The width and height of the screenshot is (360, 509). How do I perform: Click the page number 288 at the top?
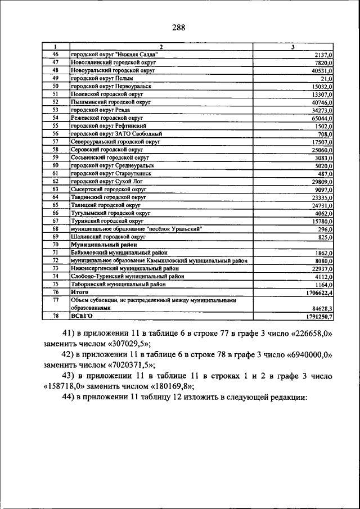[179, 27]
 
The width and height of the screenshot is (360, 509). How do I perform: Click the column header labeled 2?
[161, 46]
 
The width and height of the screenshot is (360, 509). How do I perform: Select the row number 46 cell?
[56, 54]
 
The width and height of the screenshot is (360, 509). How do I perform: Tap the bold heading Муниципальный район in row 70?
[102, 245]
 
